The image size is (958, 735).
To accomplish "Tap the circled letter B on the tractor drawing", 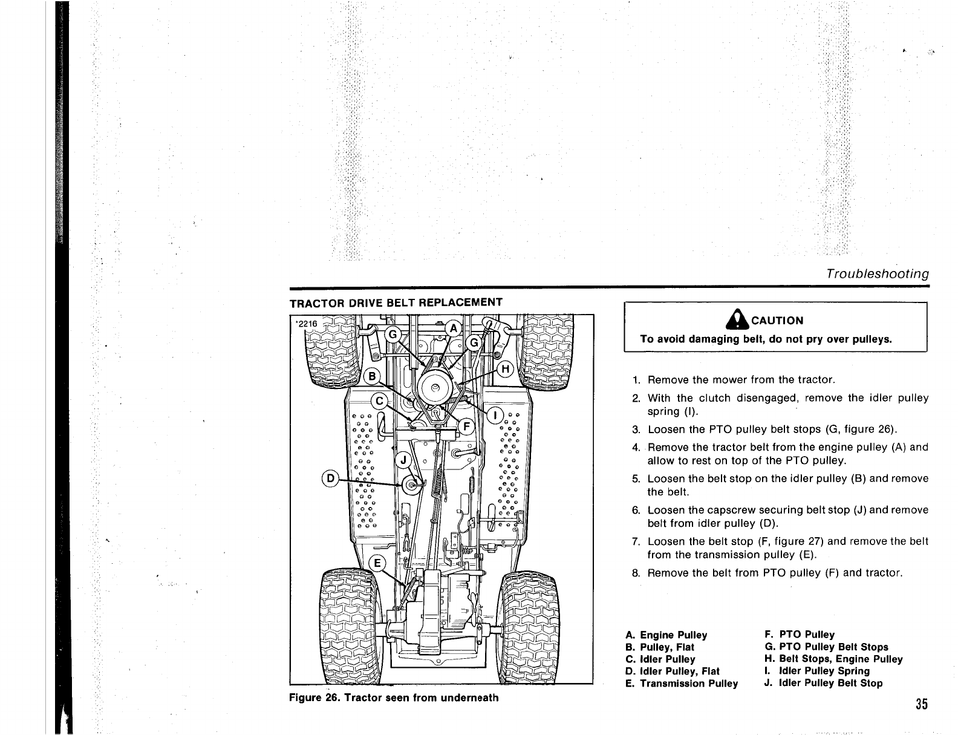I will (x=373, y=376).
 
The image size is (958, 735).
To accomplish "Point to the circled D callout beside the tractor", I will (x=331, y=479).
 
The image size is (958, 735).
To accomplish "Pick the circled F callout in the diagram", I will (x=466, y=424).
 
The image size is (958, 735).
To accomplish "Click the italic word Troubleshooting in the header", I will (x=877, y=273).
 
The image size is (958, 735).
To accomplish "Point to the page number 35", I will (x=922, y=705).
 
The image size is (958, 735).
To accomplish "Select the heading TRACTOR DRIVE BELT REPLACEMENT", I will (x=396, y=302).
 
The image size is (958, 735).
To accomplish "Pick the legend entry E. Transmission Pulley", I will (x=682, y=684).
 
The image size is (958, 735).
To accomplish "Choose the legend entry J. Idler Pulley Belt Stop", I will (x=823, y=683).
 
